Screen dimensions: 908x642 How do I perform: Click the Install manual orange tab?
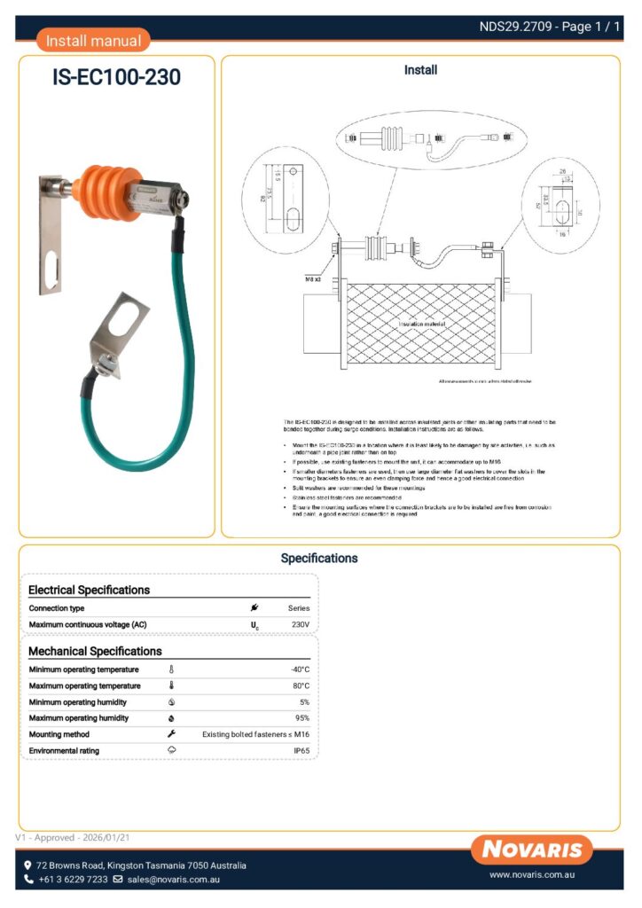(x=93, y=40)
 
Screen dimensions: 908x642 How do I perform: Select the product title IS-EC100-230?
(x=116, y=78)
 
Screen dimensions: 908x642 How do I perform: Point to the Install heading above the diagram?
(x=420, y=70)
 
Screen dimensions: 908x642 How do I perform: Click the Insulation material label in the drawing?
(x=421, y=325)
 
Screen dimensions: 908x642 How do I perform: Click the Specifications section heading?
(x=319, y=559)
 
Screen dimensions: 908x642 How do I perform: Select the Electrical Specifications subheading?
(x=89, y=590)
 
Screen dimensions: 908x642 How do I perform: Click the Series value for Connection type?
(x=299, y=608)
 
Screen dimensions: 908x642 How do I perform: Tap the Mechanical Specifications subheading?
(x=95, y=652)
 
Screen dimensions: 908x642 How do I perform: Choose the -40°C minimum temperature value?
(x=300, y=669)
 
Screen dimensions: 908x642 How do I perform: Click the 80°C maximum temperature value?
(x=300, y=685)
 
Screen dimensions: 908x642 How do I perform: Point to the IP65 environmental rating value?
(x=301, y=751)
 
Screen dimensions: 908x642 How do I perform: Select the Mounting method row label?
(x=59, y=734)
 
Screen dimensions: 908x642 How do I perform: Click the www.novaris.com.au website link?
(x=534, y=875)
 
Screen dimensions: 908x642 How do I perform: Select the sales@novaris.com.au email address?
(x=173, y=880)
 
